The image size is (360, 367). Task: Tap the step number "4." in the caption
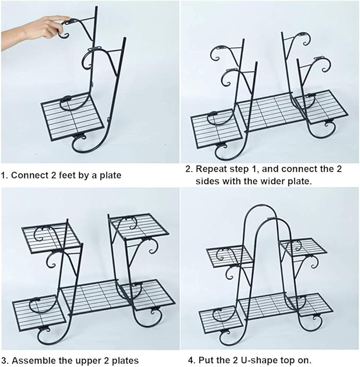pos(192,360)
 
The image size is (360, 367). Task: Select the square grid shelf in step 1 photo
pos(73,117)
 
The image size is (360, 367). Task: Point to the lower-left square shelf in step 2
pos(216,128)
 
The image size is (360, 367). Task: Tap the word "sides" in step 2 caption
pos(207,181)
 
